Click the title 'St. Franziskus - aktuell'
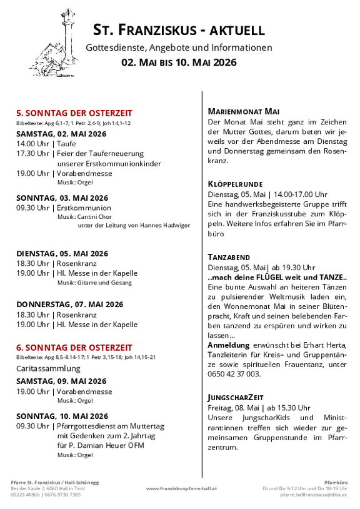179,29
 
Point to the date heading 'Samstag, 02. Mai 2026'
61,134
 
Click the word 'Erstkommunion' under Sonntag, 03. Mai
84,208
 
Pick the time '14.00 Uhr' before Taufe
33,144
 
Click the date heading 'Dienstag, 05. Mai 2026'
62,253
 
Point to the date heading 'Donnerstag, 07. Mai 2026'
69,305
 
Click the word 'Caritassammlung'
48,368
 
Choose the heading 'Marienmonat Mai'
243,111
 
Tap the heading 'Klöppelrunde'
234,184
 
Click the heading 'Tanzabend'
229,257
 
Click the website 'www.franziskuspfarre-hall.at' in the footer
181,488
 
